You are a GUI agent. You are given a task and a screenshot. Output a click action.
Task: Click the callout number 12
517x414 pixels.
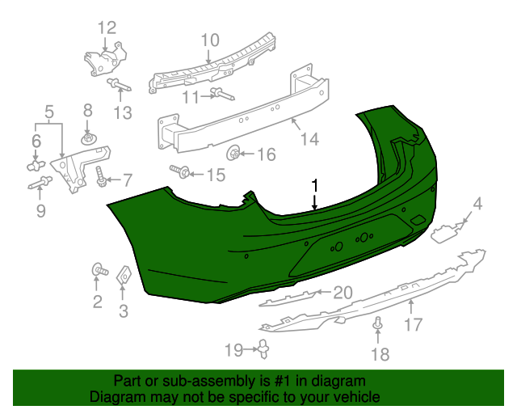107,28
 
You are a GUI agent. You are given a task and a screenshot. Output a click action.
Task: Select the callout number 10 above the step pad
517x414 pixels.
209,40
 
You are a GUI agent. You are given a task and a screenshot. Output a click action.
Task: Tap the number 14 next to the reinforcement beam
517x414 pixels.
310,139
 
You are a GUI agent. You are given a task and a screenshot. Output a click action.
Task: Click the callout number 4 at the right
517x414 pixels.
477,204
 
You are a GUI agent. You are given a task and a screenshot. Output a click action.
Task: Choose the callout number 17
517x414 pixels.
413,326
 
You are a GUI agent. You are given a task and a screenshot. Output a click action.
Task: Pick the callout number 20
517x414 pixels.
343,292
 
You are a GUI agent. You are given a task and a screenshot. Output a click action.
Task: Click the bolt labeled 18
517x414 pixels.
377,325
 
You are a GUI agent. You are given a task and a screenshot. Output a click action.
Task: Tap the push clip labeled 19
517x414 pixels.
264,349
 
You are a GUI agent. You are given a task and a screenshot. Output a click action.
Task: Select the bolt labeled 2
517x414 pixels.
98,270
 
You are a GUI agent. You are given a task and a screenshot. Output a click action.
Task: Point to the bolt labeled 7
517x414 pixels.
102,176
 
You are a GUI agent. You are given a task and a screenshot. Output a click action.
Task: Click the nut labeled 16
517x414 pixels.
233,152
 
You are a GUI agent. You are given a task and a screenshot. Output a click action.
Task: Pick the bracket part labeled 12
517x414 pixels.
106,59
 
